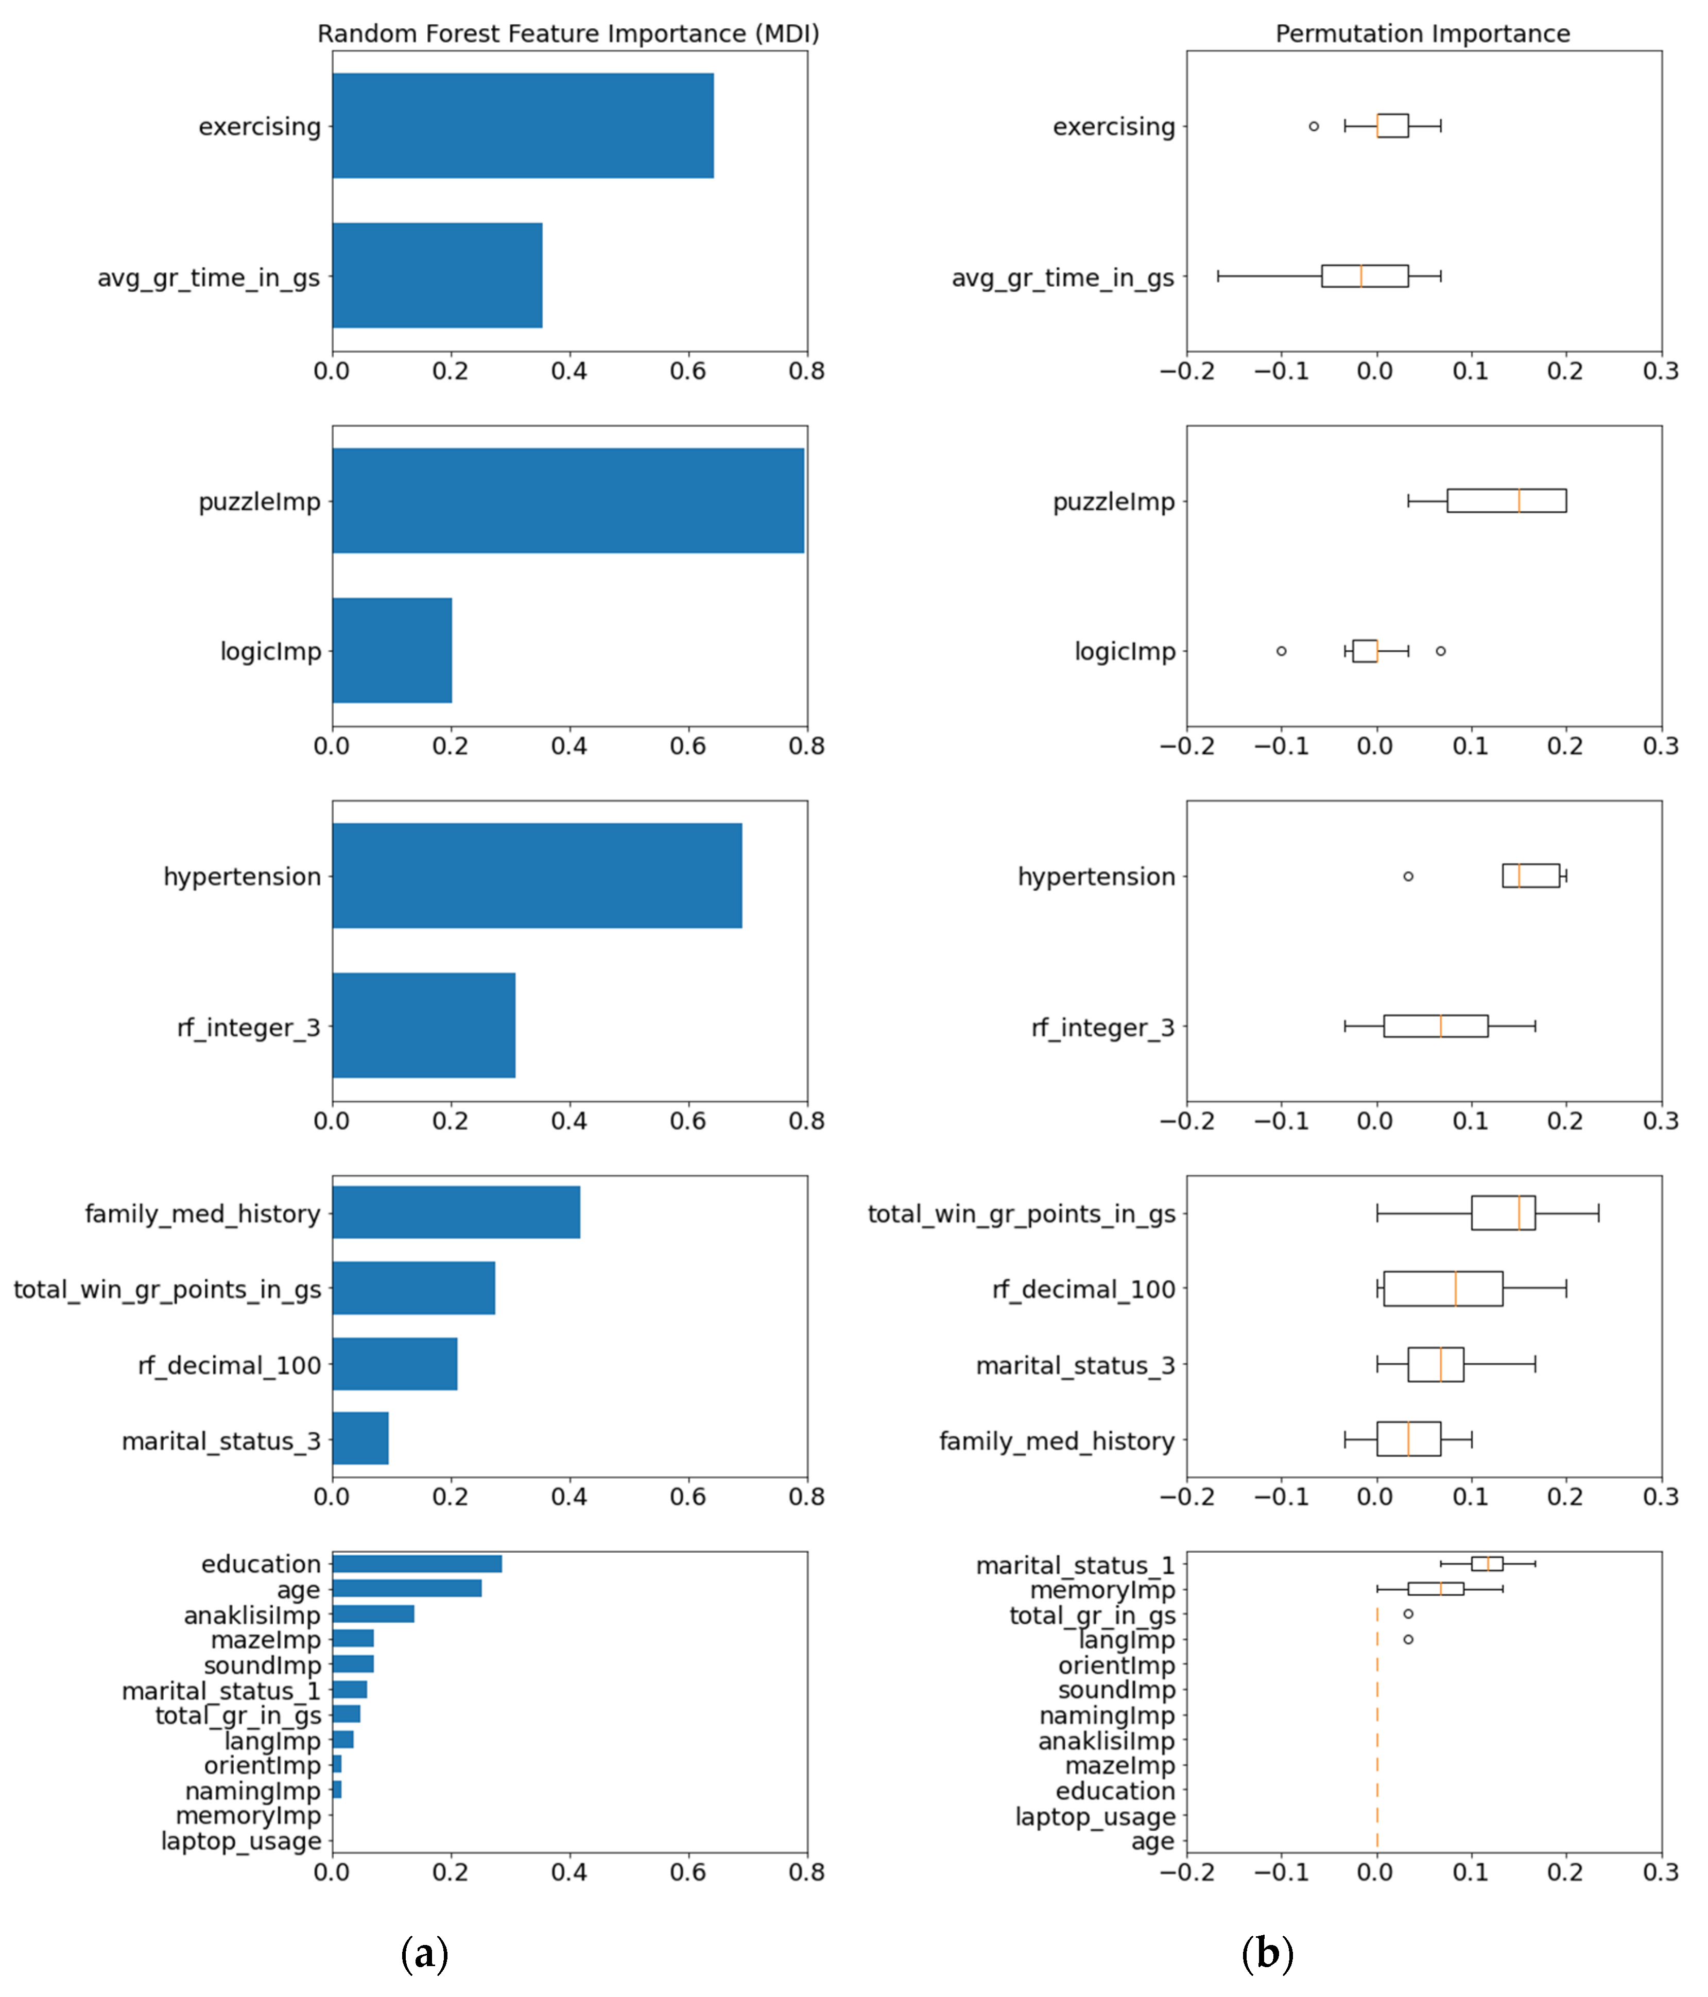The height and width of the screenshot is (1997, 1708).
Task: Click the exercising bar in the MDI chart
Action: tap(523, 126)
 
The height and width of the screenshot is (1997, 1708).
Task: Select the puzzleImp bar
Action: tap(568, 500)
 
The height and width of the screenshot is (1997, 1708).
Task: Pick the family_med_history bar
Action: tap(456, 1212)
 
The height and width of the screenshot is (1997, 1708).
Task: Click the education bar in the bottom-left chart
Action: tap(417, 1564)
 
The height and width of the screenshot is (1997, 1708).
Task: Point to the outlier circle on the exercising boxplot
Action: tap(1313, 126)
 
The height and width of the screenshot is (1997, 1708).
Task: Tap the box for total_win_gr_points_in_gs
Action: tap(1503, 1212)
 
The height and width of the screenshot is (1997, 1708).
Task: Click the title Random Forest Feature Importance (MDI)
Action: tap(568, 34)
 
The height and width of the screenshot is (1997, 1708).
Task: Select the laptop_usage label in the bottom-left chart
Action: tap(241, 1841)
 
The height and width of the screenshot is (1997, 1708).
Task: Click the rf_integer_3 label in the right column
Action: tap(1102, 1028)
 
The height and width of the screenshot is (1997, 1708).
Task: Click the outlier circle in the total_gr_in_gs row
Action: tap(1408, 1613)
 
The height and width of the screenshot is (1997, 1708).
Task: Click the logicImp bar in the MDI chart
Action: tap(391, 651)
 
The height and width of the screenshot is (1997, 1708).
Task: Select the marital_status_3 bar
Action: tap(359, 1439)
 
